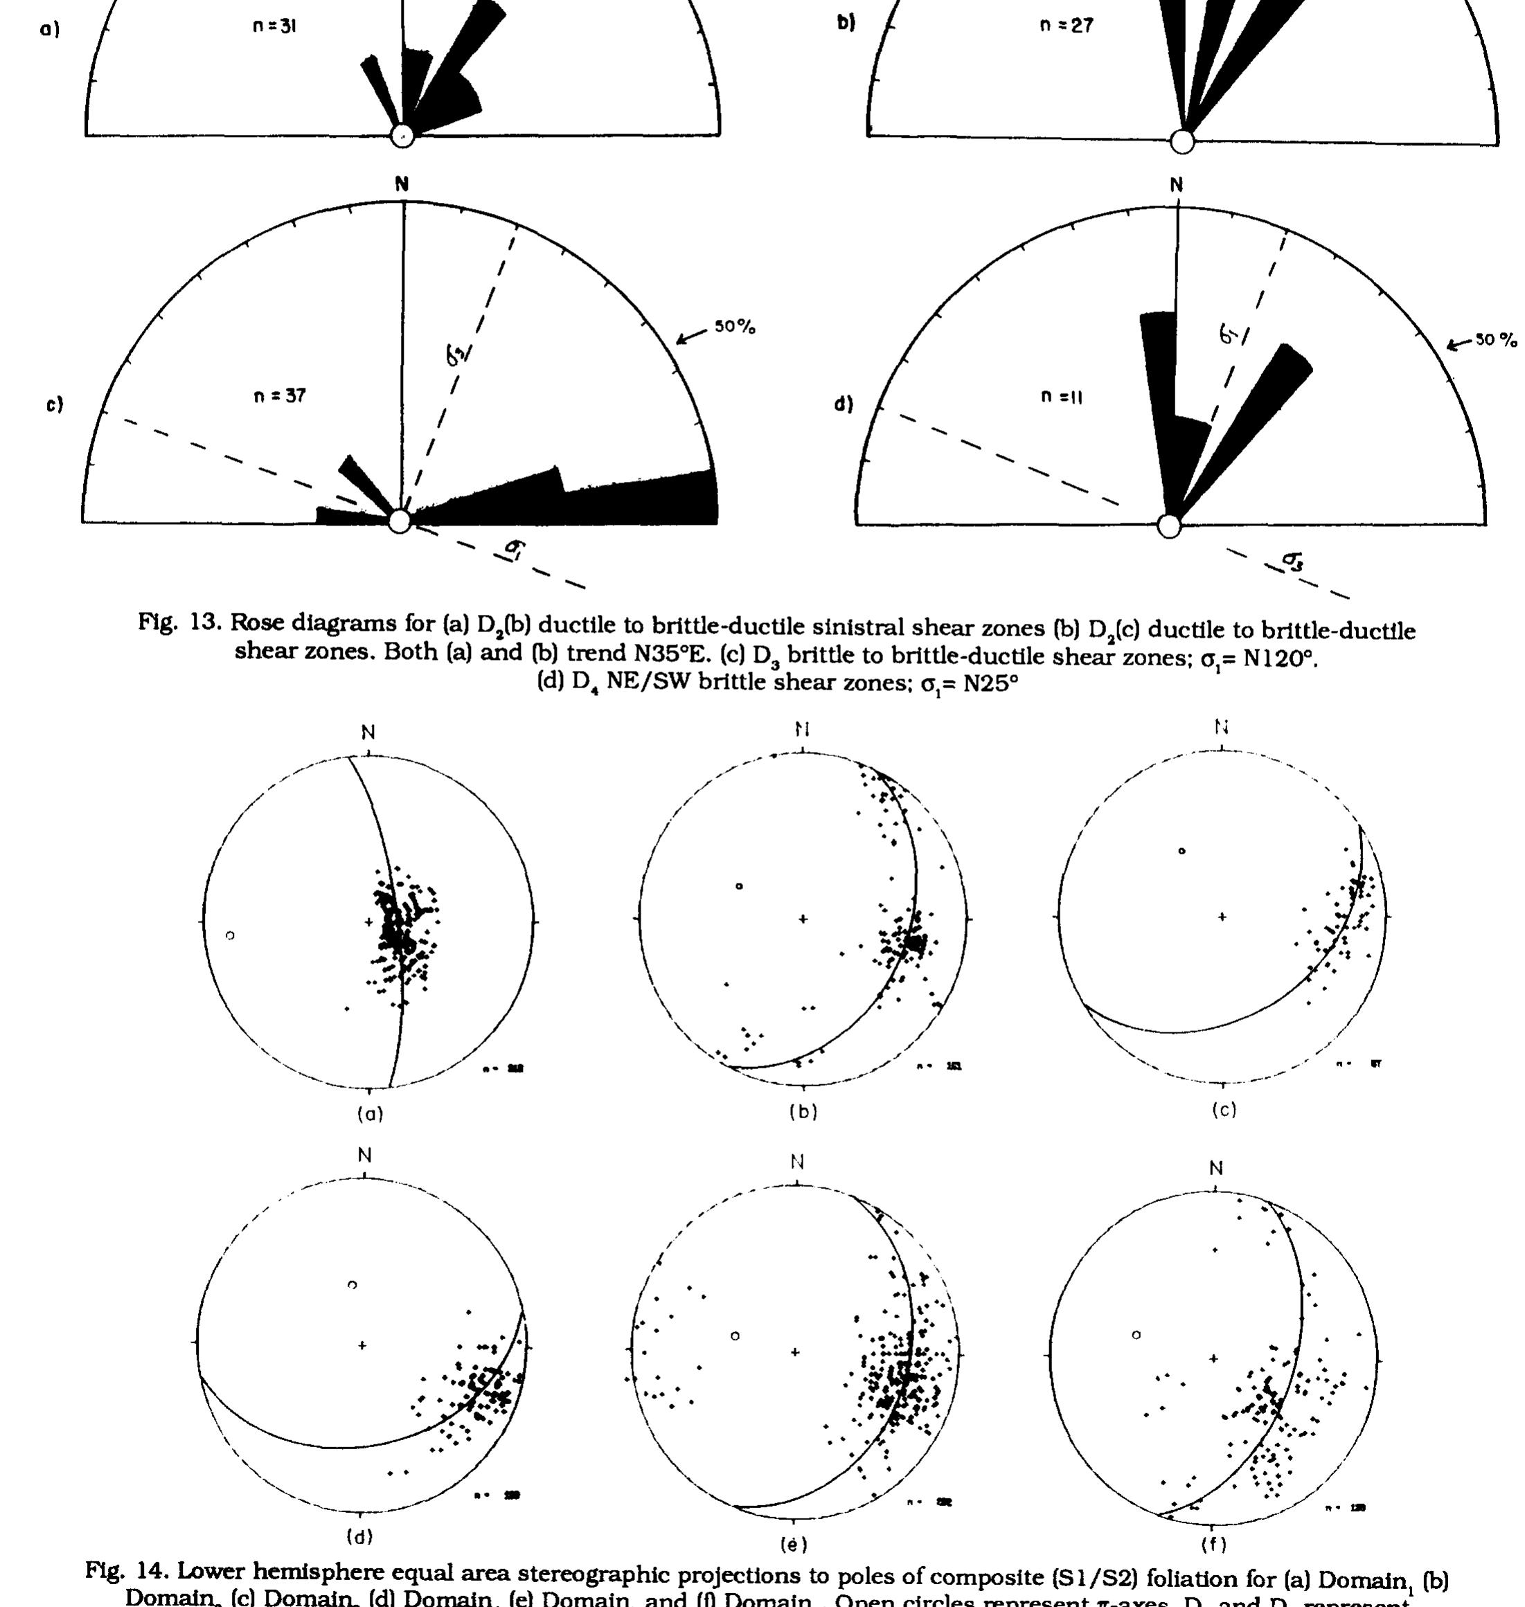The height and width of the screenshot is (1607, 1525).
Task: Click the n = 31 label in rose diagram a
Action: tap(275, 26)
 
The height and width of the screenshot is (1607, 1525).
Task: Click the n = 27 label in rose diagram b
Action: tap(1066, 25)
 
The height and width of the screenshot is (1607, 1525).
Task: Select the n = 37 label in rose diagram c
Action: tap(279, 396)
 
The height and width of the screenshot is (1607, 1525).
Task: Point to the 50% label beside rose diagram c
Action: tap(735, 327)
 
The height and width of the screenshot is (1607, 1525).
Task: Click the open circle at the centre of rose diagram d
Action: tap(1168, 527)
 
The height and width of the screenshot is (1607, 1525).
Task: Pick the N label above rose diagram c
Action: tap(402, 184)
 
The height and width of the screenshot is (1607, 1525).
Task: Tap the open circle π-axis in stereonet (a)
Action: tap(230, 935)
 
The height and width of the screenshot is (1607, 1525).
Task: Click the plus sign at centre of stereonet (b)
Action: tap(803, 919)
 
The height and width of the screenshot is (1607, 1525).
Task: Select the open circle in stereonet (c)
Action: tap(1182, 851)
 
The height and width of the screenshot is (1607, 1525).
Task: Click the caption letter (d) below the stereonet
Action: tap(359, 1536)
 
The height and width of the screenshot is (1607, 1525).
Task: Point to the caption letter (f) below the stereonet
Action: tap(1213, 1543)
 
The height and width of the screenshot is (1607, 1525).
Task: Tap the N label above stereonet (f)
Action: tap(1216, 1169)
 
